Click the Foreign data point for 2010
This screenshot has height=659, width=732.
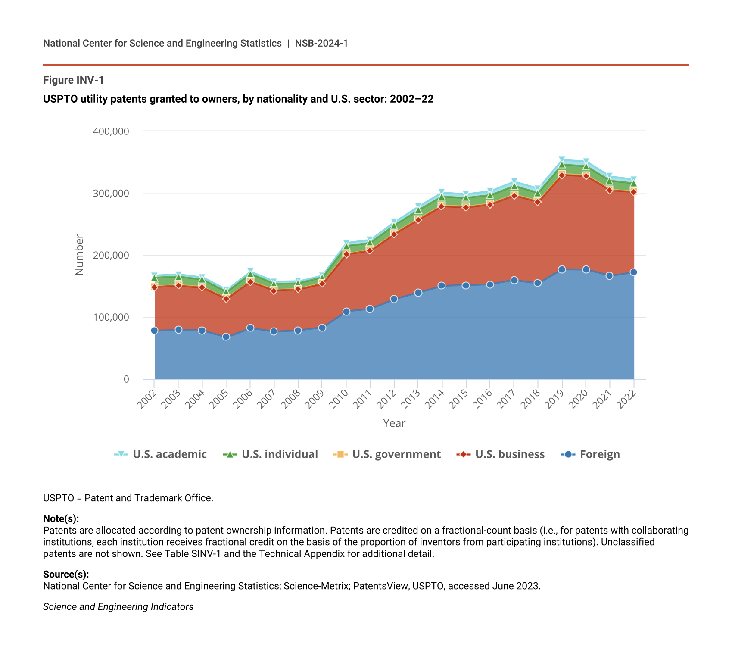[346, 312]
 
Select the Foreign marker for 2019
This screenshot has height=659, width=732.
[562, 269]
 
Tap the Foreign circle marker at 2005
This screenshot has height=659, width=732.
[226, 337]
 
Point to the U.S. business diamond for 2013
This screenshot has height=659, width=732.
[418, 220]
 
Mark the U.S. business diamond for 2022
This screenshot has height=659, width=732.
[633, 192]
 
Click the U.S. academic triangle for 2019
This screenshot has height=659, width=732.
[562, 160]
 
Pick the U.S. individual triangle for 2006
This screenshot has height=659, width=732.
[250, 274]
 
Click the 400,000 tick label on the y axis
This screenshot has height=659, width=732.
[111, 131]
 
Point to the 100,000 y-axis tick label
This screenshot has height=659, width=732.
[111, 317]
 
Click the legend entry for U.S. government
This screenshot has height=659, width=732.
[387, 454]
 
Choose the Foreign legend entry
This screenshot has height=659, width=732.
[591, 454]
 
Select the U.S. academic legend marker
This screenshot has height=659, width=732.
[121, 454]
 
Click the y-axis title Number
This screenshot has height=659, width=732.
[79, 255]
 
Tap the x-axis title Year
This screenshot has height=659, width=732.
[394, 423]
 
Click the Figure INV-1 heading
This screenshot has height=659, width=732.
[73, 80]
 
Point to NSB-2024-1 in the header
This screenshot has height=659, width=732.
[321, 43]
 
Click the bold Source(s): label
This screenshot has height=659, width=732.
[66, 574]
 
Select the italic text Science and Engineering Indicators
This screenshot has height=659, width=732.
[118, 607]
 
